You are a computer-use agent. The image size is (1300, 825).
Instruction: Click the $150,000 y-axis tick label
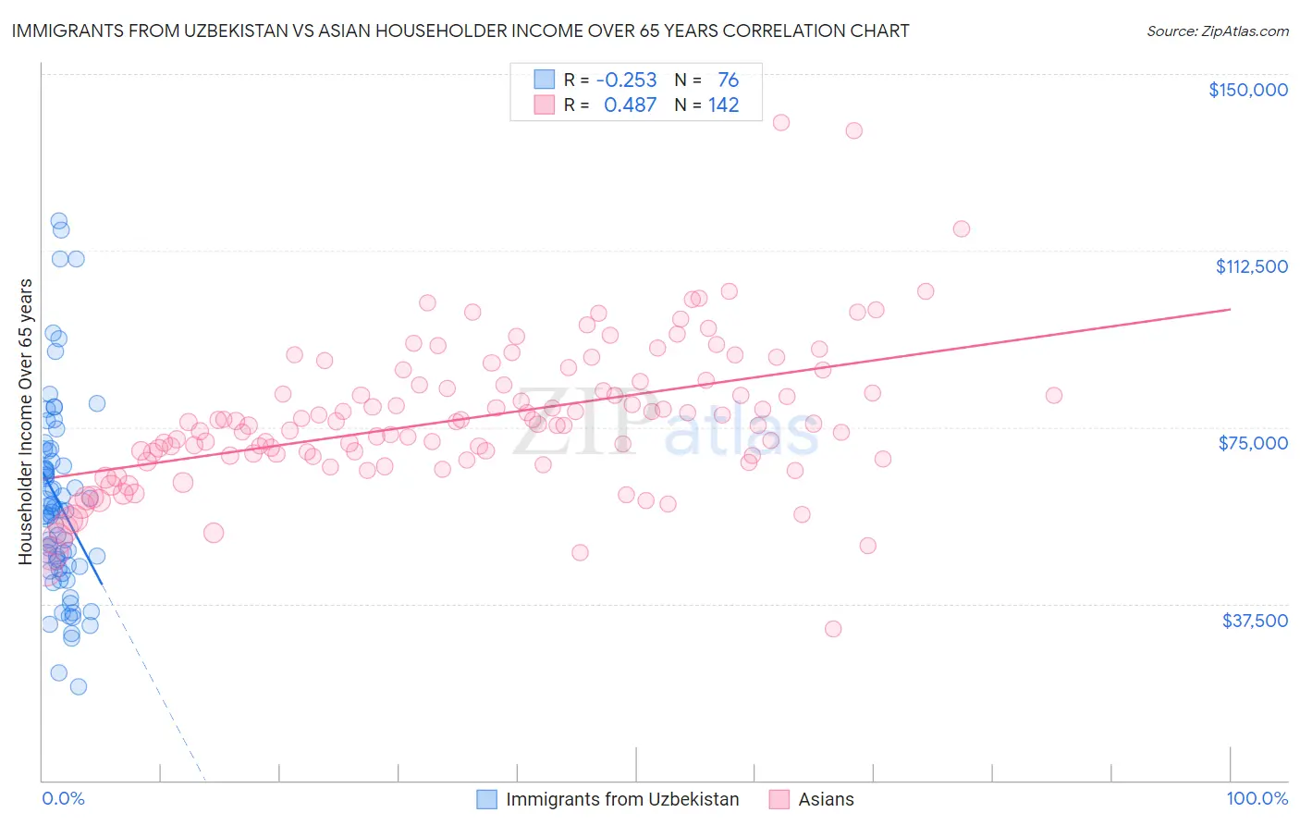[x=1247, y=90]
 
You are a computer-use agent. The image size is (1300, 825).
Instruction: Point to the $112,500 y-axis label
[x=1251, y=266]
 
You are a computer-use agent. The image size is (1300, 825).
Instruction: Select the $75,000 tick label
[x=1253, y=443]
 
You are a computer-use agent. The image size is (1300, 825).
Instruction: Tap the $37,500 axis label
[x=1255, y=621]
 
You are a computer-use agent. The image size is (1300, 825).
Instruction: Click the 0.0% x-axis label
[x=63, y=799]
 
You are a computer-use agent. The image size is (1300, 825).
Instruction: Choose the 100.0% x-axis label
[x=1257, y=799]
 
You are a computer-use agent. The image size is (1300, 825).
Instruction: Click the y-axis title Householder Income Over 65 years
[x=26, y=421]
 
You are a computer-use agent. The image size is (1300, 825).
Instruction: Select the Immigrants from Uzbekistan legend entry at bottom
[x=621, y=800]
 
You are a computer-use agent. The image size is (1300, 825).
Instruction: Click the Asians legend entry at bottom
[x=826, y=800]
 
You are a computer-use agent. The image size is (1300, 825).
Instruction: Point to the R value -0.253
[x=626, y=80]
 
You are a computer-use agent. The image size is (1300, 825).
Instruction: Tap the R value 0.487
[x=630, y=105]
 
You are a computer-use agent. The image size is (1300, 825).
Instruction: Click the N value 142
[x=723, y=105]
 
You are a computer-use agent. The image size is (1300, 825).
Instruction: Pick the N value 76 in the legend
[x=728, y=80]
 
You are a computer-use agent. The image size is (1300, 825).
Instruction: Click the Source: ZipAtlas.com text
[x=1217, y=31]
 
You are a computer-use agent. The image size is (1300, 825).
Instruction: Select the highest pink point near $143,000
[x=780, y=122]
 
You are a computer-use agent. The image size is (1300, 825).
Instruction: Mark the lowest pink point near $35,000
[x=832, y=629]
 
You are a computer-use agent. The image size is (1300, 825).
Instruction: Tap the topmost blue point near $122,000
[x=58, y=221]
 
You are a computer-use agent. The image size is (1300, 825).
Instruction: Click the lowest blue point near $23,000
[x=79, y=686]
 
